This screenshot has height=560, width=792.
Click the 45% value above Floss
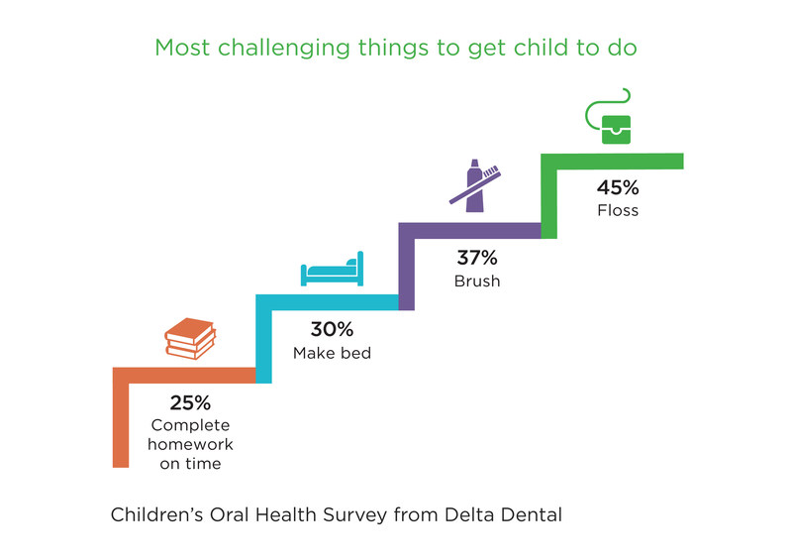pyautogui.click(x=618, y=187)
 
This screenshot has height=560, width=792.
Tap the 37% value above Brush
pyautogui.click(x=477, y=258)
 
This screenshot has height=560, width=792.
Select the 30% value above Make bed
pyautogui.click(x=332, y=329)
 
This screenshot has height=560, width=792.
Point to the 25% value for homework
pyautogui.click(x=190, y=402)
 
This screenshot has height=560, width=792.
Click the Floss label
pyautogui.click(x=618, y=210)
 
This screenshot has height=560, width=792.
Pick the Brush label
pyautogui.click(x=477, y=280)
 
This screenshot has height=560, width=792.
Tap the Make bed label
pyautogui.click(x=332, y=352)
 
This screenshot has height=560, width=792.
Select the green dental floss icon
pyautogui.click(x=611, y=118)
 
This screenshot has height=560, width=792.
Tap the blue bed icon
pyautogui.click(x=333, y=271)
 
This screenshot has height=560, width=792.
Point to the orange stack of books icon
pyautogui.click(x=190, y=339)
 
